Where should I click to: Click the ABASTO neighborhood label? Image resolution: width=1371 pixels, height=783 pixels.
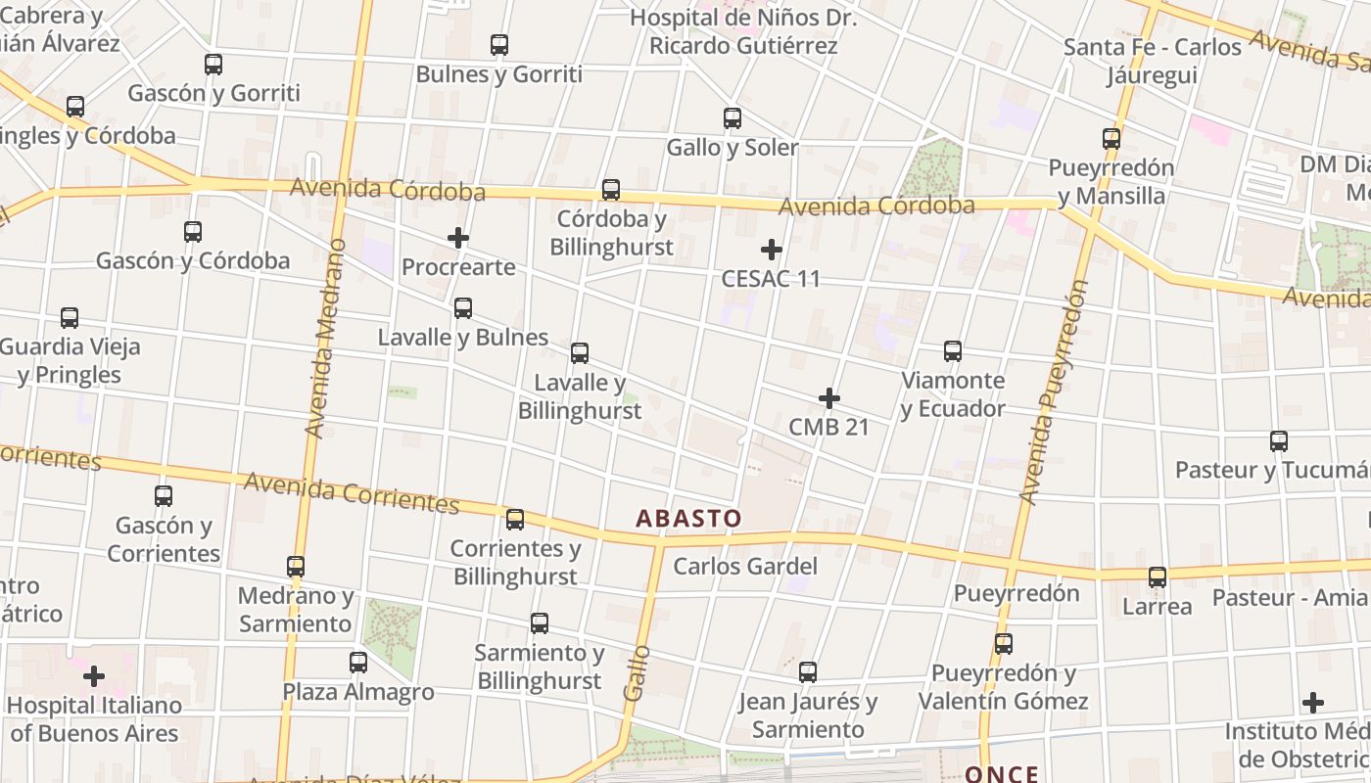click(x=688, y=518)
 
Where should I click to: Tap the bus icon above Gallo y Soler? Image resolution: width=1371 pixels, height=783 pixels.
click(x=732, y=118)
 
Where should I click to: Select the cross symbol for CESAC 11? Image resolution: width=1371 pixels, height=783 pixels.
click(x=772, y=250)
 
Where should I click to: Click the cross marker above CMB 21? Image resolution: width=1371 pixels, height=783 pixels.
click(x=829, y=398)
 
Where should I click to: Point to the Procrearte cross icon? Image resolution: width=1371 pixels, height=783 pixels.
click(x=457, y=238)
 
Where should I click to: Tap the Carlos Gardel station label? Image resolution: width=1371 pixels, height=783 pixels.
click(x=745, y=566)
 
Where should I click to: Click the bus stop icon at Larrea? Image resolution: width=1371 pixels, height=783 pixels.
click(x=1158, y=577)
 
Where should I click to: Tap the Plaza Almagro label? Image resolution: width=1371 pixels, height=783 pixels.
click(x=358, y=692)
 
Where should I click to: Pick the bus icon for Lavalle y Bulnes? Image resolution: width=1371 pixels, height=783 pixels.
click(x=463, y=308)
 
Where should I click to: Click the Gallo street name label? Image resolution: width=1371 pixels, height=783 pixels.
click(x=637, y=672)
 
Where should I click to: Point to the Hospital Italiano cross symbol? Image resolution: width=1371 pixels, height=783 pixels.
click(x=94, y=676)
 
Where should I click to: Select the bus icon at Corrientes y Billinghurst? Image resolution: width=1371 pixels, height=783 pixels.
click(x=515, y=519)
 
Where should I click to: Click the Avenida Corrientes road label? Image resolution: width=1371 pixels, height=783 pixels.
click(x=351, y=492)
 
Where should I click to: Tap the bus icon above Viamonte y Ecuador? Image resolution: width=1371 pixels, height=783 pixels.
click(x=952, y=351)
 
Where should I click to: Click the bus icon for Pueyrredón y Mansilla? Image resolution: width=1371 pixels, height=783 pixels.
click(x=1111, y=139)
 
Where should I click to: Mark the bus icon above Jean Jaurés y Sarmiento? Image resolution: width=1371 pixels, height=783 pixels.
click(x=807, y=672)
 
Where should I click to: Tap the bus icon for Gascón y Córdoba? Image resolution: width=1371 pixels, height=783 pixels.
click(x=193, y=232)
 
